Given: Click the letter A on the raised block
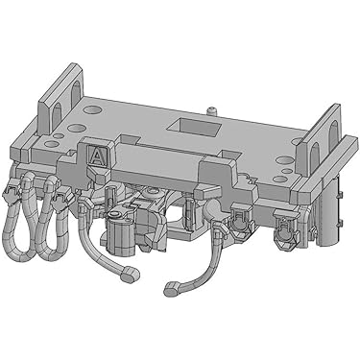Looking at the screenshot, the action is [x=96, y=156].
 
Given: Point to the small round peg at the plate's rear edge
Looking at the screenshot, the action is [x=211, y=110].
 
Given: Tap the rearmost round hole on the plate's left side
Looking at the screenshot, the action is [x=92, y=109].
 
